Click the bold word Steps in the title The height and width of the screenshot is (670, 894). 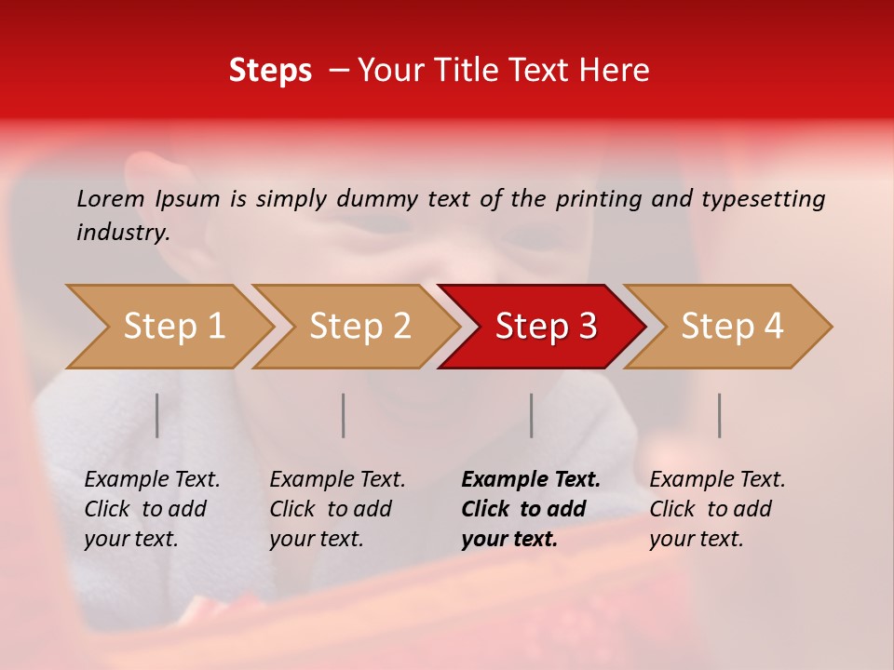[270, 71]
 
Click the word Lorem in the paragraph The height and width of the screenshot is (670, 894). [110, 198]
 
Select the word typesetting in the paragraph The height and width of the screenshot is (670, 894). [763, 198]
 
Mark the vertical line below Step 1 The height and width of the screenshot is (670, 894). [157, 415]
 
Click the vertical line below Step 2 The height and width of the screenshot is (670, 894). [344, 415]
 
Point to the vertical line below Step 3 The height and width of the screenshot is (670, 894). [532, 415]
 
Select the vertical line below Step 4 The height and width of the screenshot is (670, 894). [720, 415]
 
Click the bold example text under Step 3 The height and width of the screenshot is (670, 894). [531, 509]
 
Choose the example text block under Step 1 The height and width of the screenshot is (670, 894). [152, 509]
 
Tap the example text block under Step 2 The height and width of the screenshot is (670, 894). [337, 509]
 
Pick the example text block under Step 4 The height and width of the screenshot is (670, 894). [717, 509]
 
